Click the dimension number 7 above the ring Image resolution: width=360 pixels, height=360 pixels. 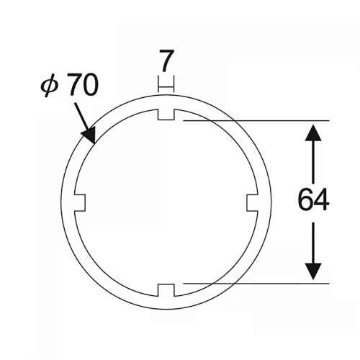[166, 60]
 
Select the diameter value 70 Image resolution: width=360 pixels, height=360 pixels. [82, 84]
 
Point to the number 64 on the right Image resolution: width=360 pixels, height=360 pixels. [313, 199]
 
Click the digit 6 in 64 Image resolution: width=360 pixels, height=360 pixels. [305, 199]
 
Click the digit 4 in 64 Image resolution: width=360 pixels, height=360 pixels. [321, 199]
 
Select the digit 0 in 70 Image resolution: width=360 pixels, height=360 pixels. [91, 84]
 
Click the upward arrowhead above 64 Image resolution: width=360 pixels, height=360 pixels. [313, 132]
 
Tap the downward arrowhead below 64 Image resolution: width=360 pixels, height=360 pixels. [313, 271]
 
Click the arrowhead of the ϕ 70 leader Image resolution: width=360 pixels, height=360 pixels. [89, 135]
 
